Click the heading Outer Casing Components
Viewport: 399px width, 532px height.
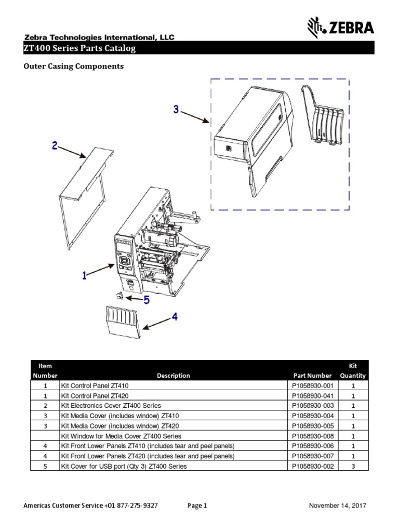(74, 66)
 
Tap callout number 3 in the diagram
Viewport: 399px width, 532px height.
(176, 109)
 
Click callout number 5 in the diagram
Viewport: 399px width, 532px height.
(147, 300)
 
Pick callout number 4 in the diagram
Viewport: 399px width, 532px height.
(175, 316)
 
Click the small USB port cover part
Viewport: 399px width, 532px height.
(120, 296)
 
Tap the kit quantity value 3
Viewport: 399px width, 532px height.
(353, 466)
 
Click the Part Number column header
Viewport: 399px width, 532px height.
(312, 375)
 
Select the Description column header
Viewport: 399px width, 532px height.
(174, 375)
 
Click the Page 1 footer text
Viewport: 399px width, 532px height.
(197, 506)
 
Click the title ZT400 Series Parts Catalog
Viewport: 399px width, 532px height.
(80, 49)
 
